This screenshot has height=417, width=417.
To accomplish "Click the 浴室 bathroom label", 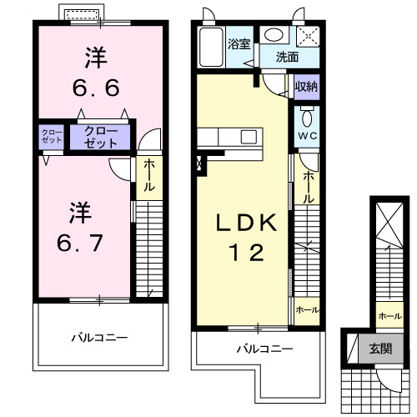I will [x=239, y=43].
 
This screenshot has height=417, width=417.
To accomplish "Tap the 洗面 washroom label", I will [x=287, y=58].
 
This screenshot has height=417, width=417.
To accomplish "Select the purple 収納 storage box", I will [x=306, y=86].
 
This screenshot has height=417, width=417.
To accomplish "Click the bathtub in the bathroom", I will [x=212, y=47].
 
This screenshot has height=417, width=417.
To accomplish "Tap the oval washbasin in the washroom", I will [x=273, y=35].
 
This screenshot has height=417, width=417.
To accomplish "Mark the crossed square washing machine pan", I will [x=309, y=36].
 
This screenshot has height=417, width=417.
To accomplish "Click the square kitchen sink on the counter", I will [x=249, y=137].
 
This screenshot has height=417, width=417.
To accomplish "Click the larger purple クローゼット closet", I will [x=100, y=136].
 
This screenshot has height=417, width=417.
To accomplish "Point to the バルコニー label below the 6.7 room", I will [x=98, y=338].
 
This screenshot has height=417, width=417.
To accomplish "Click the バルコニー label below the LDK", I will [x=263, y=348].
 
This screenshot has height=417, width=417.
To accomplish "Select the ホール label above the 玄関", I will [x=388, y=316].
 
